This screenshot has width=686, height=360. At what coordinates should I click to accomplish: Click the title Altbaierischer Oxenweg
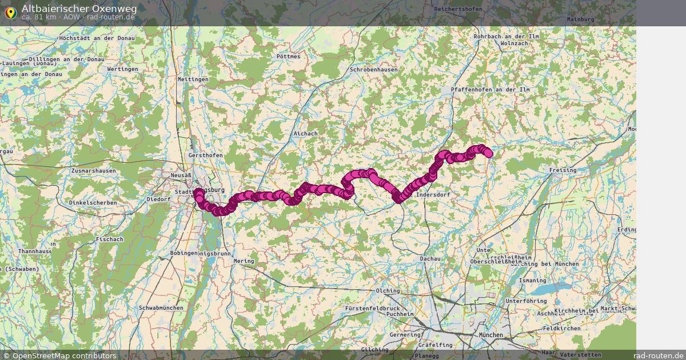pyautogui.click(x=79, y=9)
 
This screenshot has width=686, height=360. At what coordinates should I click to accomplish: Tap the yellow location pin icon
pyautogui.click(x=10, y=13)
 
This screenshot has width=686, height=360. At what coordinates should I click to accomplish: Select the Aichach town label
pyautogui.click(x=305, y=134)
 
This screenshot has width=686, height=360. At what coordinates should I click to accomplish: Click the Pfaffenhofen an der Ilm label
pyautogui.click(x=490, y=90)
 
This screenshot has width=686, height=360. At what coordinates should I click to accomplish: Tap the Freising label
pyautogui.click(x=563, y=170)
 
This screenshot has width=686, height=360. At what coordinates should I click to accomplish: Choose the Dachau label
pyautogui.click(x=430, y=259)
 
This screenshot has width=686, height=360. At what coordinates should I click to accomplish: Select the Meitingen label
pyautogui.click(x=193, y=79)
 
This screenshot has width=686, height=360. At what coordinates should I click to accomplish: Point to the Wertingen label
pyautogui.click(x=122, y=69)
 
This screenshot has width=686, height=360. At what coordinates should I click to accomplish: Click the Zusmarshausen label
pyautogui.click(x=93, y=171)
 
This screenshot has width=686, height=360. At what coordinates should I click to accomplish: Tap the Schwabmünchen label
pyautogui.click(x=161, y=308)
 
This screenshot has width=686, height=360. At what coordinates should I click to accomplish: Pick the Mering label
pyautogui.click(x=244, y=261)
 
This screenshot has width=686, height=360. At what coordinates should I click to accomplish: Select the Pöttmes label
pyautogui.click(x=288, y=57)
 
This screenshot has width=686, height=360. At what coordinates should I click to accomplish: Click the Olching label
pyautogui.click(x=388, y=291)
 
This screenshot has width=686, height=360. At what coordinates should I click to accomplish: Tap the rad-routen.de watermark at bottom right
pyautogui.click(x=659, y=355)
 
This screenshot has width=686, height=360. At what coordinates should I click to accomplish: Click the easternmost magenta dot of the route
pyautogui.click(x=488, y=153)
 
